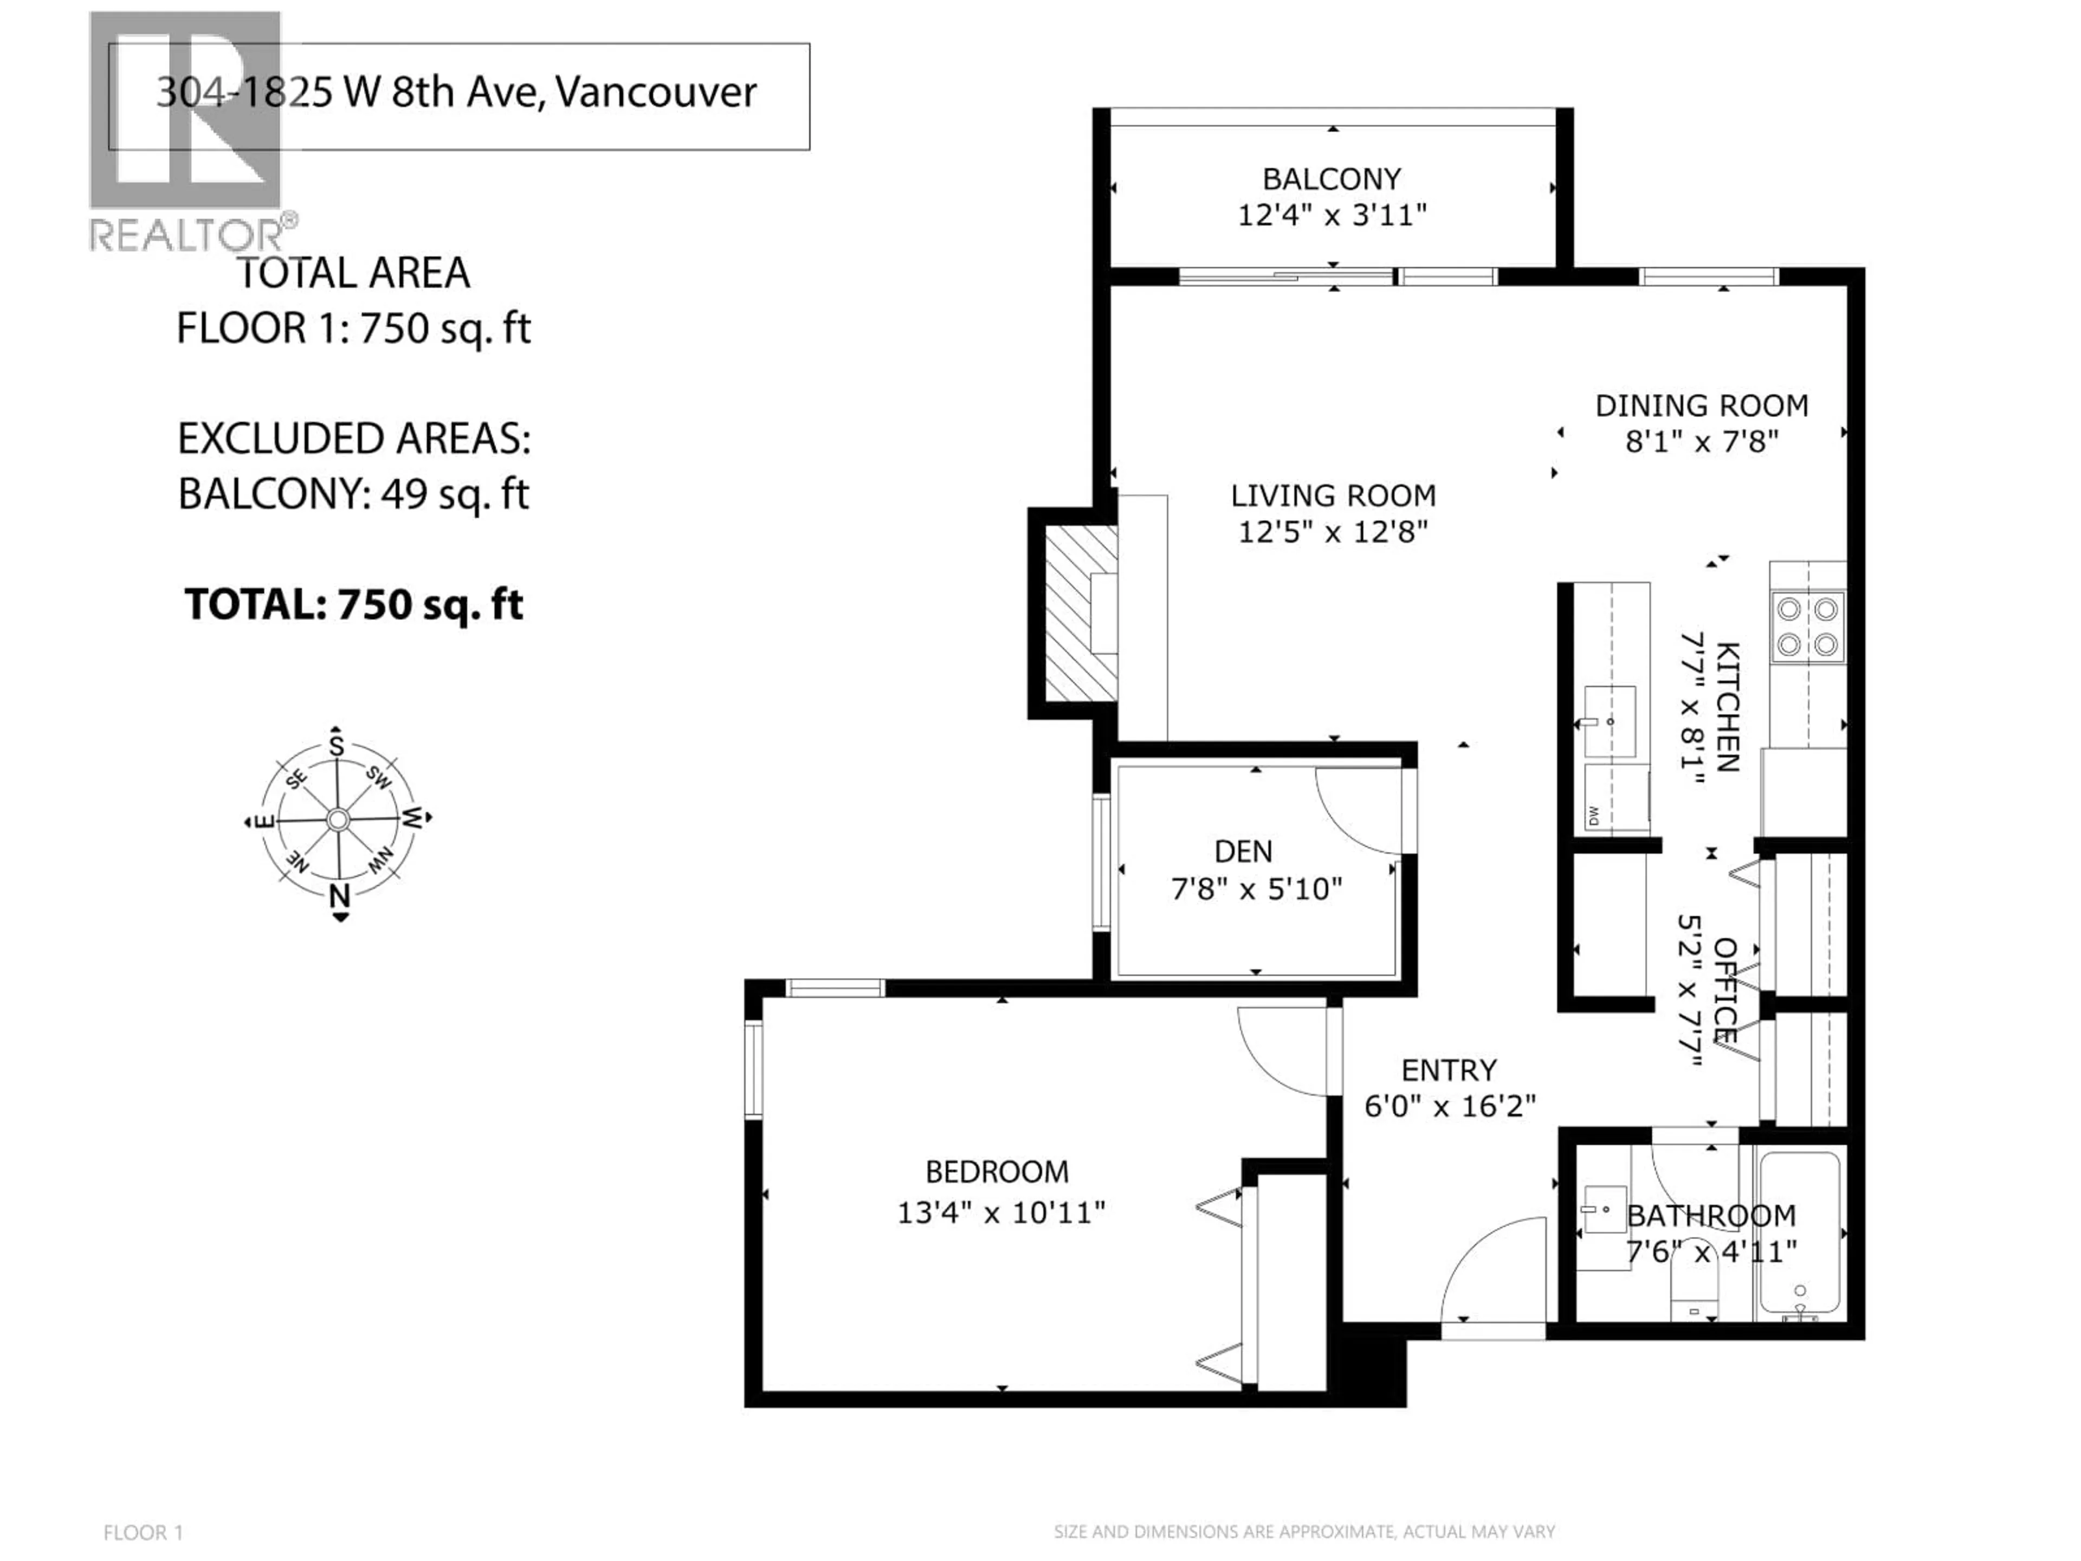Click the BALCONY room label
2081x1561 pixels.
point(1330,179)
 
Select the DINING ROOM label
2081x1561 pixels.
point(1701,405)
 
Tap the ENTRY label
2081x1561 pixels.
point(1448,1071)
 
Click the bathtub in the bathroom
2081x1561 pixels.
point(1800,1233)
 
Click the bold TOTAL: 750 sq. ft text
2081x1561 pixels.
point(354,605)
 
